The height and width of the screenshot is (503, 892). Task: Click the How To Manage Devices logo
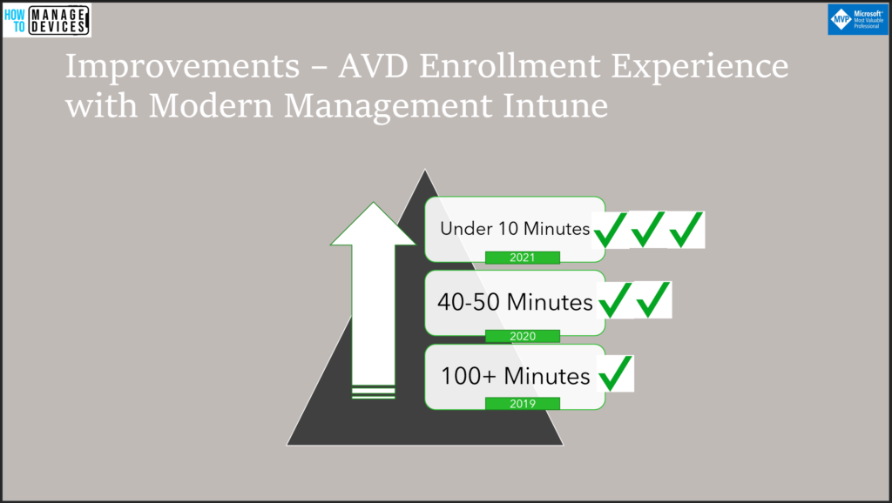click(47, 20)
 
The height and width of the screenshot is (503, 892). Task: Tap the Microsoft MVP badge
click(857, 19)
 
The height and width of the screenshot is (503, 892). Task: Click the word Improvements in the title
click(182, 66)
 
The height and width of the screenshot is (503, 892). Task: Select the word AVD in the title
click(373, 66)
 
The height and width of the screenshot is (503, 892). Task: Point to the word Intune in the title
click(555, 105)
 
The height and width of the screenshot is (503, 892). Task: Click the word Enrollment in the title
click(510, 66)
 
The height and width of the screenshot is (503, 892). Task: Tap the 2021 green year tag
click(523, 258)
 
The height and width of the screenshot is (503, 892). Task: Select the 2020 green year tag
click(523, 336)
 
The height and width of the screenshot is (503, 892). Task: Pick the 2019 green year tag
click(523, 404)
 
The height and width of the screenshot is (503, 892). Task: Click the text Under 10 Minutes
click(515, 229)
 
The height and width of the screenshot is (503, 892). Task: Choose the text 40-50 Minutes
click(515, 302)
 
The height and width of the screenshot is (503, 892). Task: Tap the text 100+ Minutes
click(516, 376)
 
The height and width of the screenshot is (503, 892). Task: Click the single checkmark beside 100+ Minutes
click(616, 373)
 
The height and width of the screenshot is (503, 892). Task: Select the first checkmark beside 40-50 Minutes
click(615, 299)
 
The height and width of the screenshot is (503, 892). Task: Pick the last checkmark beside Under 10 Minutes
click(686, 230)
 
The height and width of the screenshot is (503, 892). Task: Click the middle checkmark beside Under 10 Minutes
click(648, 230)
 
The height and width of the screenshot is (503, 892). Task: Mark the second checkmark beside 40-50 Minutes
click(653, 299)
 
